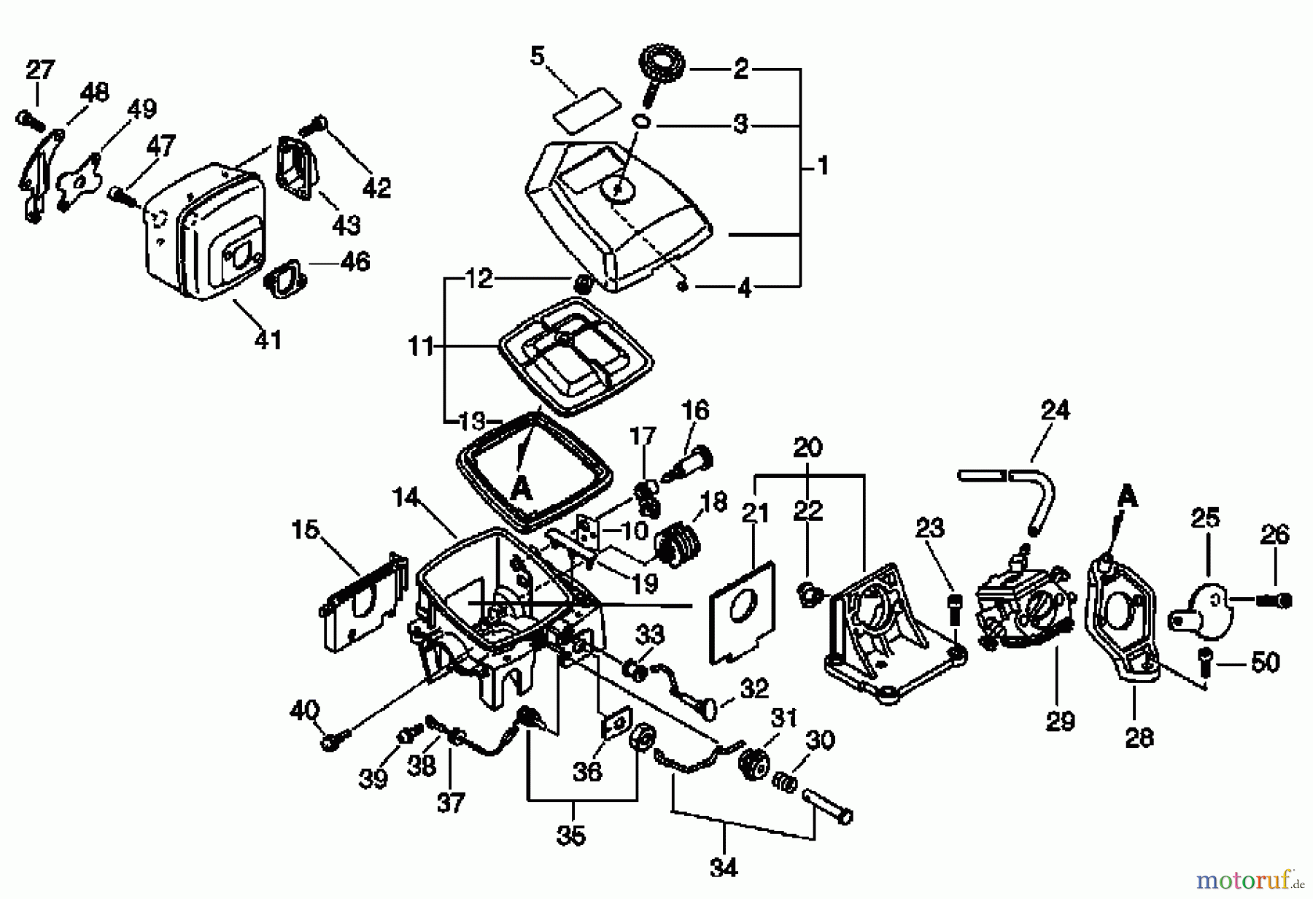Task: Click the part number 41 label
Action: click(x=268, y=339)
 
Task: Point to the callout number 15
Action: click(x=305, y=529)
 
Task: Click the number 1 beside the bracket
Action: click(x=823, y=166)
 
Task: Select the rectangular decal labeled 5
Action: click(x=585, y=108)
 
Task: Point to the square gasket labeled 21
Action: click(x=743, y=611)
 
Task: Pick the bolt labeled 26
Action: click(x=1274, y=600)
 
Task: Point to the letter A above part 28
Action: click(x=1127, y=498)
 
